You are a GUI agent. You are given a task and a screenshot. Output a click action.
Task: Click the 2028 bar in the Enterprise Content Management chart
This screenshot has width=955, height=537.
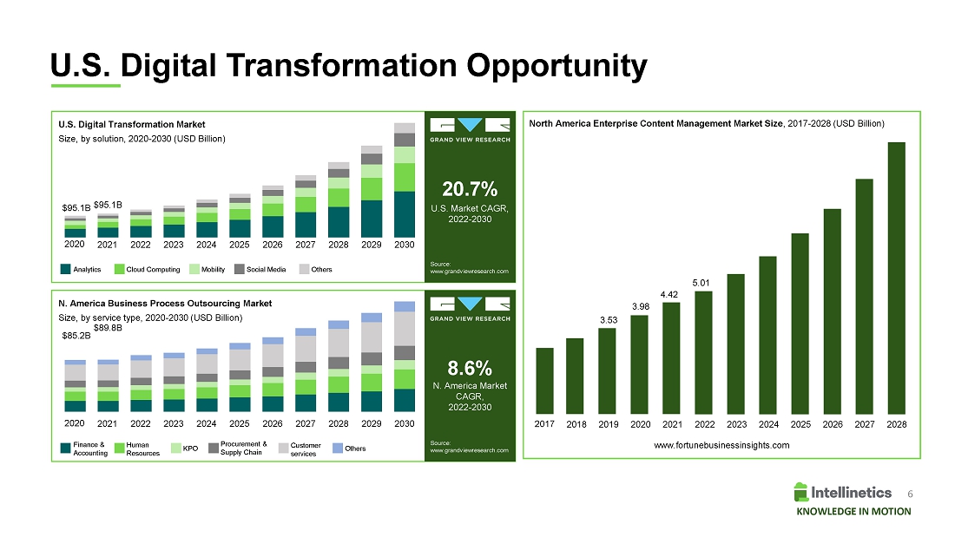click(x=897, y=278)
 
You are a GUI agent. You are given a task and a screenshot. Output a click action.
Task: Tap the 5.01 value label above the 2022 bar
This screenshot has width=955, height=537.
click(x=701, y=283)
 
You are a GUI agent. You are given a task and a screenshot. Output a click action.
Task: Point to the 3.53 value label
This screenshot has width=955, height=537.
click(x=608, y=321)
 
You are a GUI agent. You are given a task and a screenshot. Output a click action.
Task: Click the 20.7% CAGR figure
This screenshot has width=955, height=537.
click(x=469, y=189)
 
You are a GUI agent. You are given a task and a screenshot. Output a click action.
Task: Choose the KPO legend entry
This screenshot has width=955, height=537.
click(x=184, y=449)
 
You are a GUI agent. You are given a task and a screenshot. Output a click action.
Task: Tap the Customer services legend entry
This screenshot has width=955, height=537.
click(x=305, y=449)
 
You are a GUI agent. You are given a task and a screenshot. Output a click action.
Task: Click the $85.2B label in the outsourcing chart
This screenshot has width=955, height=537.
click(x=76, y=334)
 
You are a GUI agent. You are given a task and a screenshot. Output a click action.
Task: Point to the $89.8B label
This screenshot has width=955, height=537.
click(x=108, y=328)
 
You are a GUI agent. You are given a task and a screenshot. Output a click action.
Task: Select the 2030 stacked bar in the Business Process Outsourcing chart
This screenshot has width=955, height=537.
click(x=404, y=357)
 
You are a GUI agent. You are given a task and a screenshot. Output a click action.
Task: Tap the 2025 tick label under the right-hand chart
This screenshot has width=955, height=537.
click(x=801, y=425)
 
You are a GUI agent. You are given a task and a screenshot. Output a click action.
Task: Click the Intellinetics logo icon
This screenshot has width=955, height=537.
click(x=800, y=492)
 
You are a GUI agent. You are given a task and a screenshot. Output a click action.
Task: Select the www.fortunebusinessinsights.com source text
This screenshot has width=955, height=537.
click(x=721, y=445)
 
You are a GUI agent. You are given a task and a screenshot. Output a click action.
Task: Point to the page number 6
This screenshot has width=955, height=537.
click(x=909, y=493)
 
